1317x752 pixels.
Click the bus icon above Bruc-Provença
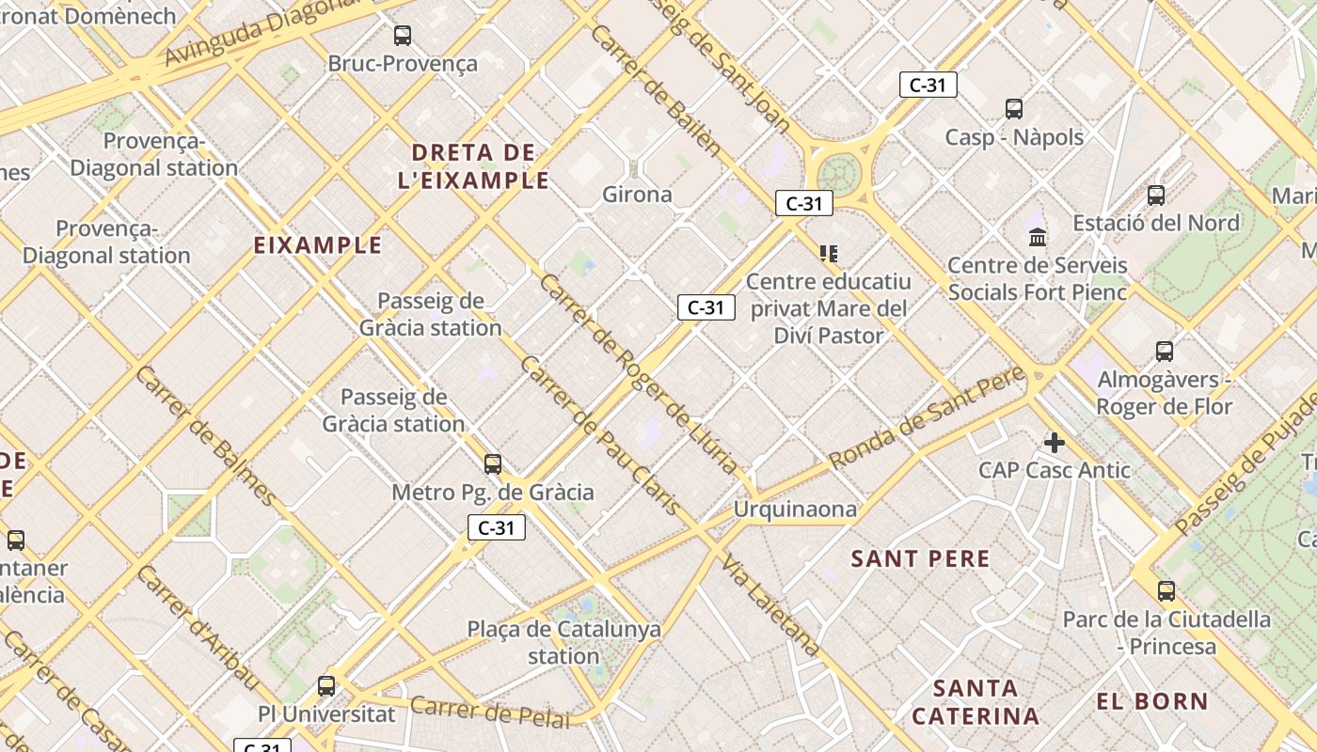403,36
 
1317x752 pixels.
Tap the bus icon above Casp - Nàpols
1013,108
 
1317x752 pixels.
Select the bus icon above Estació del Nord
1156,195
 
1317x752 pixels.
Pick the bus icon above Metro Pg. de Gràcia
492,463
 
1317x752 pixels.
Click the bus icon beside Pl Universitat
326,685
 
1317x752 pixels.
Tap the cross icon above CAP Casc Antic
1055,442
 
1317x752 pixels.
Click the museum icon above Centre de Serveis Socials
1038,236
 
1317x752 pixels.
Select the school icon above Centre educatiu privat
828,253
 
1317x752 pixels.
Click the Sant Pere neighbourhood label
920,559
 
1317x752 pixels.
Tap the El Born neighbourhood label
1151,701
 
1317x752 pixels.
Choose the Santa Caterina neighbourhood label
976,701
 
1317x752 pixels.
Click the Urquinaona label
795,509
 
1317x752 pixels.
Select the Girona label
637,195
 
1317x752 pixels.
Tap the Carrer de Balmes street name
206,436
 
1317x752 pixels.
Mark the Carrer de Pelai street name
490,713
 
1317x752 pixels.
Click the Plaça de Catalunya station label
563,642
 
